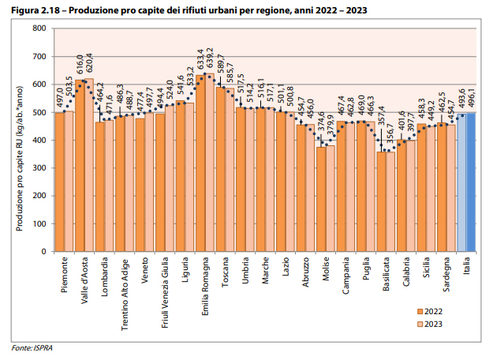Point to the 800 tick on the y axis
38,28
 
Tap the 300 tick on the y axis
38,168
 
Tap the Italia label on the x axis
467,267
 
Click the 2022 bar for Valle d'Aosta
79,166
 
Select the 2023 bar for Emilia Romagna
210,163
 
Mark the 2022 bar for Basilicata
381,201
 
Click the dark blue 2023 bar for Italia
472,182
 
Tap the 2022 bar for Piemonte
59,182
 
